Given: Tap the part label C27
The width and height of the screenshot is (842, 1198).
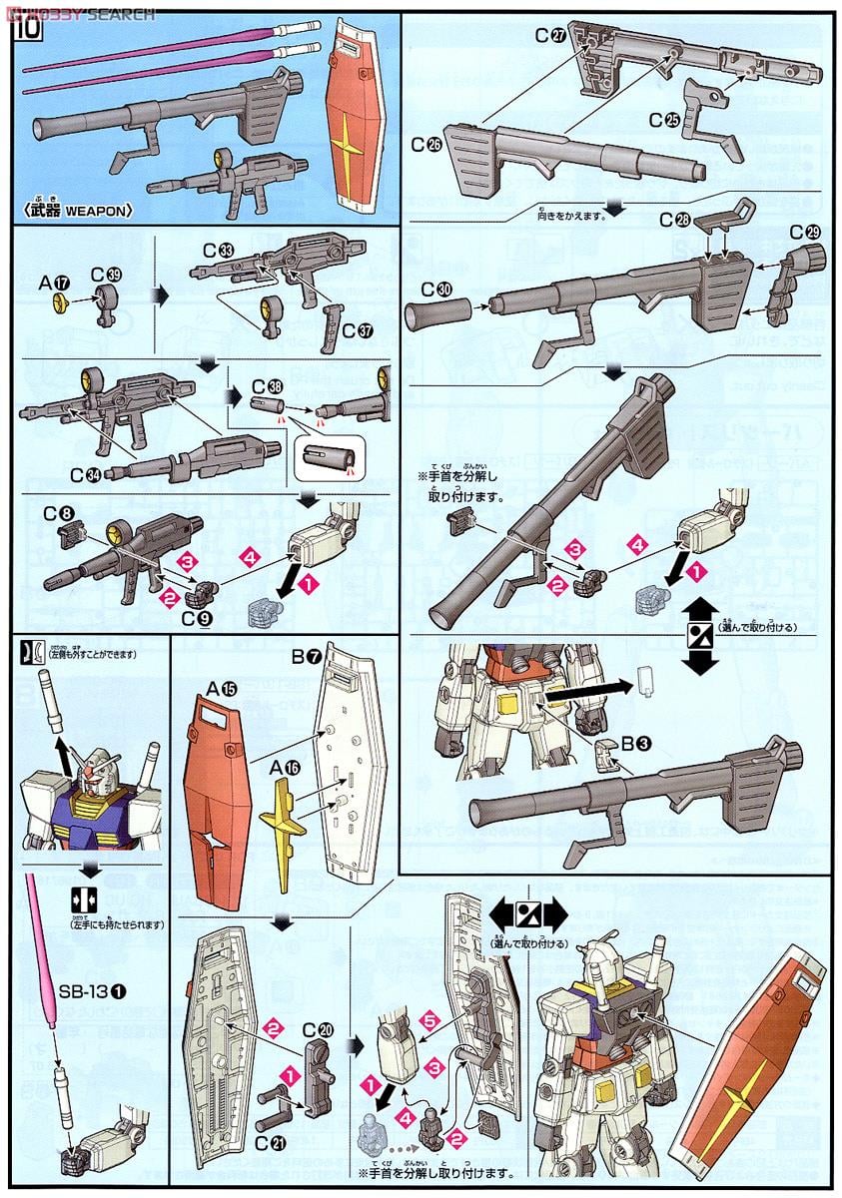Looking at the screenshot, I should pyautogui.click(x=550, y=34).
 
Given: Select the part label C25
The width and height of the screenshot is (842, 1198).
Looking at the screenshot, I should pyautogui.click(x=662, y=120).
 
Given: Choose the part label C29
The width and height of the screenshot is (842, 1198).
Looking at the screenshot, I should pyautogui.click(x=804, y=232).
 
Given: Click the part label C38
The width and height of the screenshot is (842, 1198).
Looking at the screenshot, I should pyautogui.click(x=267, y=384).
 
